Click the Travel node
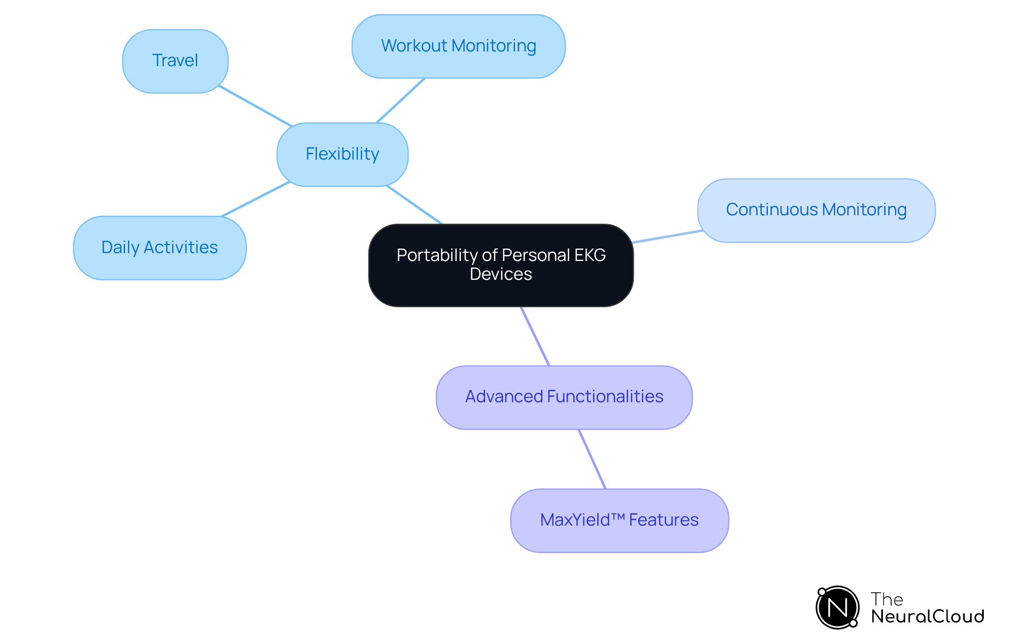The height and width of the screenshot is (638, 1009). tap(175, 61)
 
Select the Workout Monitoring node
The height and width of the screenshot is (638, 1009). tap(458, 46)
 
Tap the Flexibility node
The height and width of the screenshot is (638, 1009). tap(342, 154)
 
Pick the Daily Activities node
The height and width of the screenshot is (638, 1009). tap(159, 247)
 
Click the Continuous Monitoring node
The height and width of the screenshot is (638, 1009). tap(816, 210)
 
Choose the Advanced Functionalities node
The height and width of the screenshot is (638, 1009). tap(564, 397)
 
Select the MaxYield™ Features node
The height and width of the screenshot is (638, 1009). tap(619, 520)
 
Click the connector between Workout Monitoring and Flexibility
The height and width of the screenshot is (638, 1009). tap(400, 100)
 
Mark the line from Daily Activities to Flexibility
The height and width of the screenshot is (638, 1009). tap(256, 199)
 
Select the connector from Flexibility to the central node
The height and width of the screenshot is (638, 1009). tap(415, 205)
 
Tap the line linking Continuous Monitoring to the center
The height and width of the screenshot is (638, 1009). tap(667, 236)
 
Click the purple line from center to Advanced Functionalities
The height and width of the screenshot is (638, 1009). tap(535, 336)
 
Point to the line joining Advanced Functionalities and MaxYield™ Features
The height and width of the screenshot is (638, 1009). tap(592, 459)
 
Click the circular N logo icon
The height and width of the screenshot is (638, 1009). tap(837, 608)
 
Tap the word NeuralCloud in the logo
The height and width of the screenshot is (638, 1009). tap(927, 616)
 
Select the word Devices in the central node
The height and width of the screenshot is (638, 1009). tap(501, 275)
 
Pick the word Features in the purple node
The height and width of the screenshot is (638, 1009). tap(664, 520)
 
